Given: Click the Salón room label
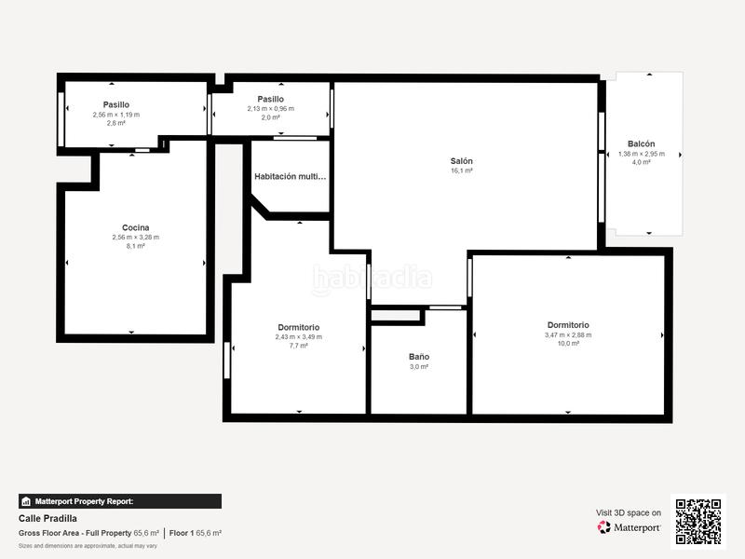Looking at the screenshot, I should (x=461, y=160).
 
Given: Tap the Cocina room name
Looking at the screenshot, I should (x=135, y=227).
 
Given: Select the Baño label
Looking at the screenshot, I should (x=418, y=357).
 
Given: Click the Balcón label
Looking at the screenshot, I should (x=641, y=143).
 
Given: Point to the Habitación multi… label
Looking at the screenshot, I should (x=291, y=176).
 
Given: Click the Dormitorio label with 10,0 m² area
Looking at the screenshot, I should (x=568, y=325).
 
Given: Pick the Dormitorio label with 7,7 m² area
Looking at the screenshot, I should (x=298, y=327).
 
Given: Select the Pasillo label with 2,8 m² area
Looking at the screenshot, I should (x=115, y=104).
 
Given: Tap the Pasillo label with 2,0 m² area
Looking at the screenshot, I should (x=270, y=99).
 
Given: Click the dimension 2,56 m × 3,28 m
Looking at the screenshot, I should (x=135, y=237).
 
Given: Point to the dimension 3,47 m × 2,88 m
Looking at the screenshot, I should (x=568, y=334).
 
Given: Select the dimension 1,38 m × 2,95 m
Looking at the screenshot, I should (x=641, y=154).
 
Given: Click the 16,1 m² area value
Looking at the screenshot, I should (x=461, y=170).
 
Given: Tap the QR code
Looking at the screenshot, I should (x=698, y=521).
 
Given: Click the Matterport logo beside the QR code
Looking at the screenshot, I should (x=630, y=527).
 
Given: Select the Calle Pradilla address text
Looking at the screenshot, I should (x=47, y=518).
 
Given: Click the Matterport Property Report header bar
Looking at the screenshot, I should (x=119, y=501).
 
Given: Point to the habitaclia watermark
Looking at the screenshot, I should (x=372, y=278).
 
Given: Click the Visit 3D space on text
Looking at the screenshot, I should (x=629, y=512).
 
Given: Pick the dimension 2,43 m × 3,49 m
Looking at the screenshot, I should (x=298, y=336).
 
